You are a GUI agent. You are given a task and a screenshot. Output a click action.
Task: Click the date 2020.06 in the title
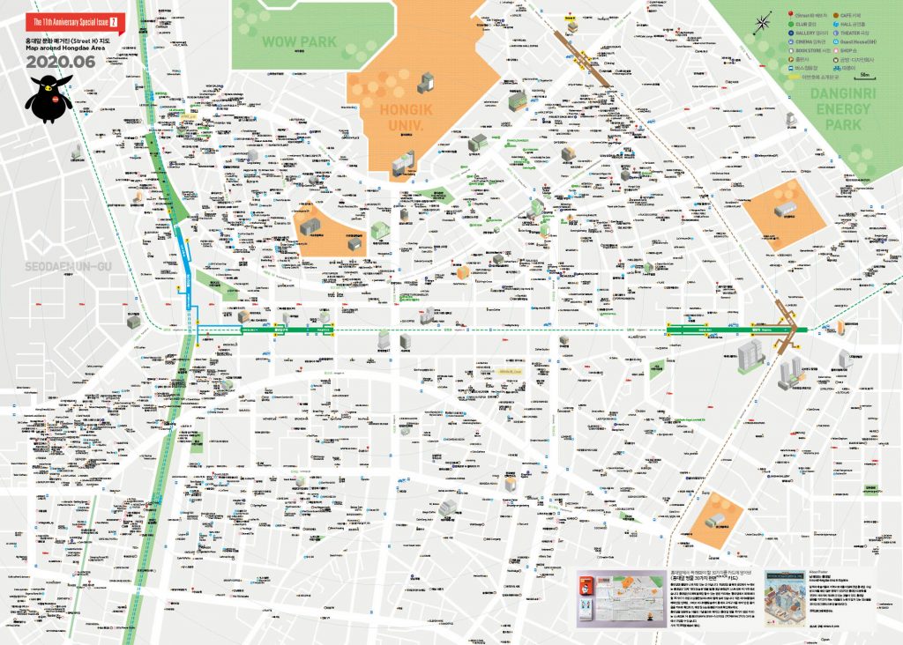[61, 62]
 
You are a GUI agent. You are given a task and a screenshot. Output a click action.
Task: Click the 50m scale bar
[864, 77]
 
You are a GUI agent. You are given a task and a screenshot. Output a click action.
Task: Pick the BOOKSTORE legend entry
[807, 51]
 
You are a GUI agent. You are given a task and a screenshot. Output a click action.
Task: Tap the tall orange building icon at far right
[840, 327]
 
